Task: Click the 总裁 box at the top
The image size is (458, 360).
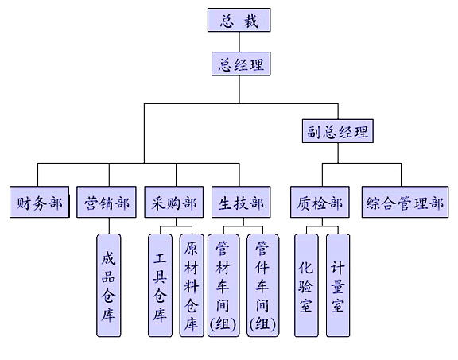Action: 239,20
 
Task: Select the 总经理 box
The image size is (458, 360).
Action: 241,64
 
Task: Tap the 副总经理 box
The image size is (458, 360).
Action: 338,131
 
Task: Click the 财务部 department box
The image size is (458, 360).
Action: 40,202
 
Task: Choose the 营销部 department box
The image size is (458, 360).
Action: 107,202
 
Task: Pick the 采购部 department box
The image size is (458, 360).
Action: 174,202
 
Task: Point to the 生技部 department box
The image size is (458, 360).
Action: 241,202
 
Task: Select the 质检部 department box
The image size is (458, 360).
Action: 320,202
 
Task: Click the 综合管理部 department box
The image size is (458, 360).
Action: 406,202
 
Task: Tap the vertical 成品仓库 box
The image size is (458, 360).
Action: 109,285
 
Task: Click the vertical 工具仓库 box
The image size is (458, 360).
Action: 160,285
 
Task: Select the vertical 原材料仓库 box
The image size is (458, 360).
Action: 192,285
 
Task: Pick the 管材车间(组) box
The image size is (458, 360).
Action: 223,285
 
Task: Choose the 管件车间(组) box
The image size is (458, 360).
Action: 263,285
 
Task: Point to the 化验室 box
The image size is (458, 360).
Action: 306,285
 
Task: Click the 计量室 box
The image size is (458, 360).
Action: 338,285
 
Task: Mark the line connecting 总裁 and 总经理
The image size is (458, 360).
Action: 239,42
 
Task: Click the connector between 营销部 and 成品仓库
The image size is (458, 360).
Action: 109,226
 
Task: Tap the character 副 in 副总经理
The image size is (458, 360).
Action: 314,131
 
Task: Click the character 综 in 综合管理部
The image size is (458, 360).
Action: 374,203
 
